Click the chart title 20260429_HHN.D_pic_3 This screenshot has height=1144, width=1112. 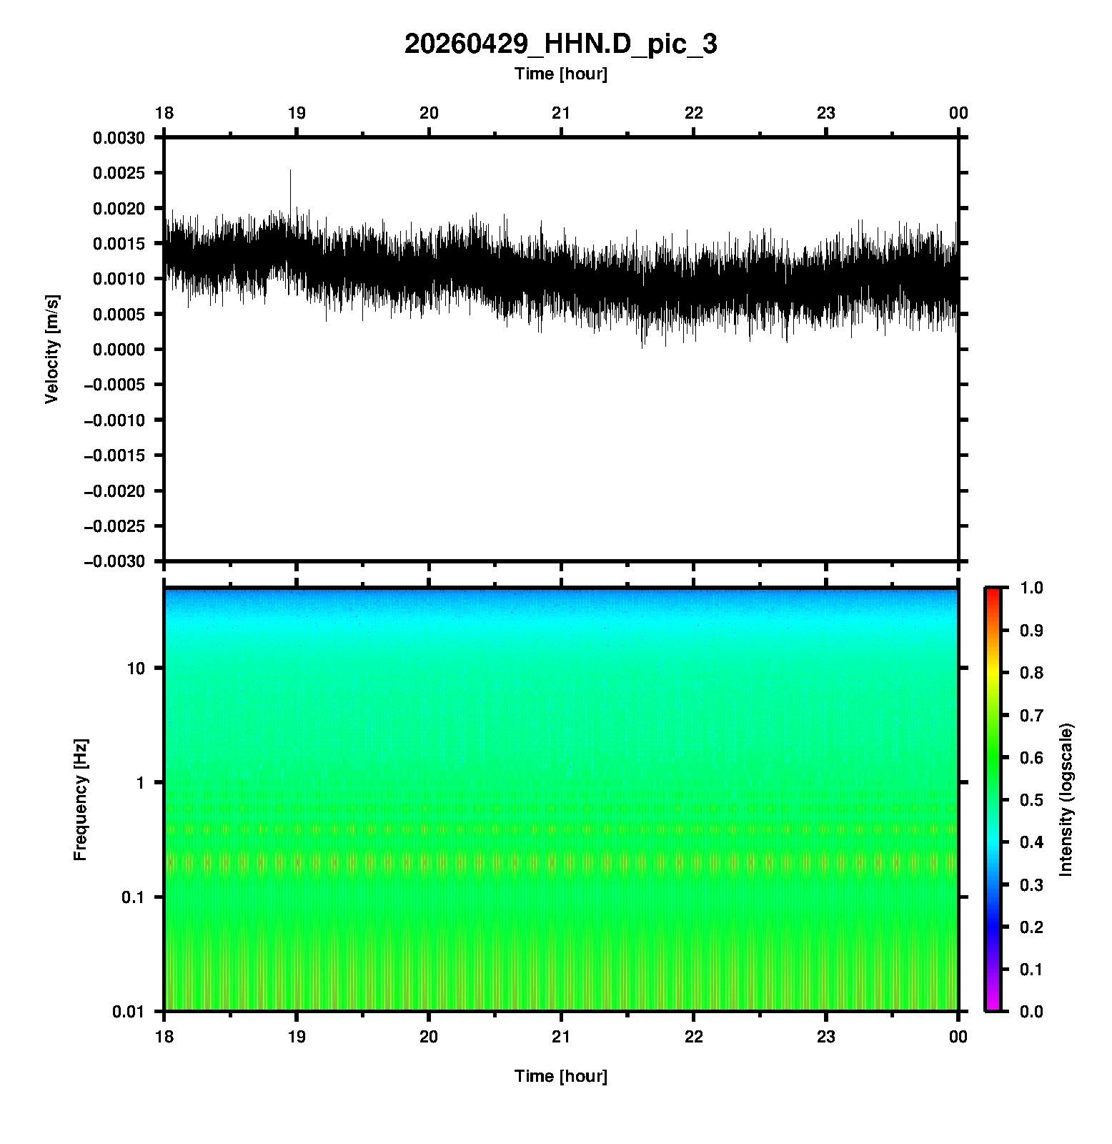[x=560, y=44]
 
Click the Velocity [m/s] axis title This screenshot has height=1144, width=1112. [x=51, y=349]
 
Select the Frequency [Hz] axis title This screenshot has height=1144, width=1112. [x=80, y=800]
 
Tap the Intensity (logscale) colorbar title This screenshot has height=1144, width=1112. [x=1066, y=799]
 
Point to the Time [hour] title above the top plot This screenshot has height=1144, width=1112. [x=560, y=74]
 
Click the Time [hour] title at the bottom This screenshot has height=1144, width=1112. [x=560, y=1076]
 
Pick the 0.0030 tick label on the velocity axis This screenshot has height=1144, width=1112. [x=119, y=138]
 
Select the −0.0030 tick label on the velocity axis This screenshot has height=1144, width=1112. [x=114, y=562]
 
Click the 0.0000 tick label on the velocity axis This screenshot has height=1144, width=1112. [x=119, y=350]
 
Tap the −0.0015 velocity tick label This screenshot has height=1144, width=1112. [x=114, y=455]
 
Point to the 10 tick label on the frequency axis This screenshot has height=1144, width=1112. [x=136, y=669]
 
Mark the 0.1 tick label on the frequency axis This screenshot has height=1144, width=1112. [x=132, y=897]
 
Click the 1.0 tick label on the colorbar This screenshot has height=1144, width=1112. [x=1032, y=588]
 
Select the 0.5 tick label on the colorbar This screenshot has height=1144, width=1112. [x=1032, y=799]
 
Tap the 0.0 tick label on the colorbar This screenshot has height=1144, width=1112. [x=1032, y=1011]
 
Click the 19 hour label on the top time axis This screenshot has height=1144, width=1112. [x=297, y=114]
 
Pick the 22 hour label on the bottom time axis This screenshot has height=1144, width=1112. [x=694, y=1037]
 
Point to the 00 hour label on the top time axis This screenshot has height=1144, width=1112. [x=958, y=114]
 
